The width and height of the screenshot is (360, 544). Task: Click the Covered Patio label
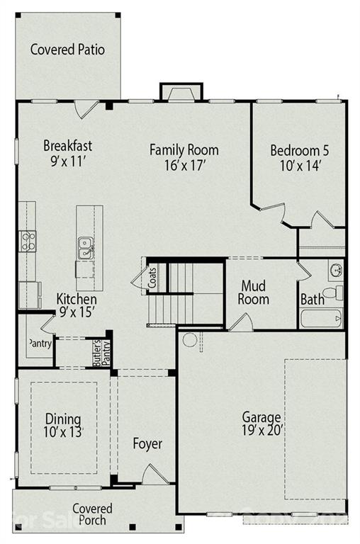point(67,50)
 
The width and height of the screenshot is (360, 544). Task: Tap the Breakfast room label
point(68,146)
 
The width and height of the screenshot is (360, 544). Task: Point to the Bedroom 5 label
point(299,150)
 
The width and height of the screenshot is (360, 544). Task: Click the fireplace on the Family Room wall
point(181,93)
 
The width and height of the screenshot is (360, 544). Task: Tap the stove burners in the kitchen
point(28,241)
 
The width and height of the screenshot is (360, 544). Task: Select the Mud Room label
point(254,293)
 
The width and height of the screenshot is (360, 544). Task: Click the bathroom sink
point(335,269)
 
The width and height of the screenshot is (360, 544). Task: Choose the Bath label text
point(312,300)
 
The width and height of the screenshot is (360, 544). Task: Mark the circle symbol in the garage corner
point(189,339)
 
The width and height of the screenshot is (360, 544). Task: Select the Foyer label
point(147,444)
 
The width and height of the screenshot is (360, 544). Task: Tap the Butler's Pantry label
point(101,353)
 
